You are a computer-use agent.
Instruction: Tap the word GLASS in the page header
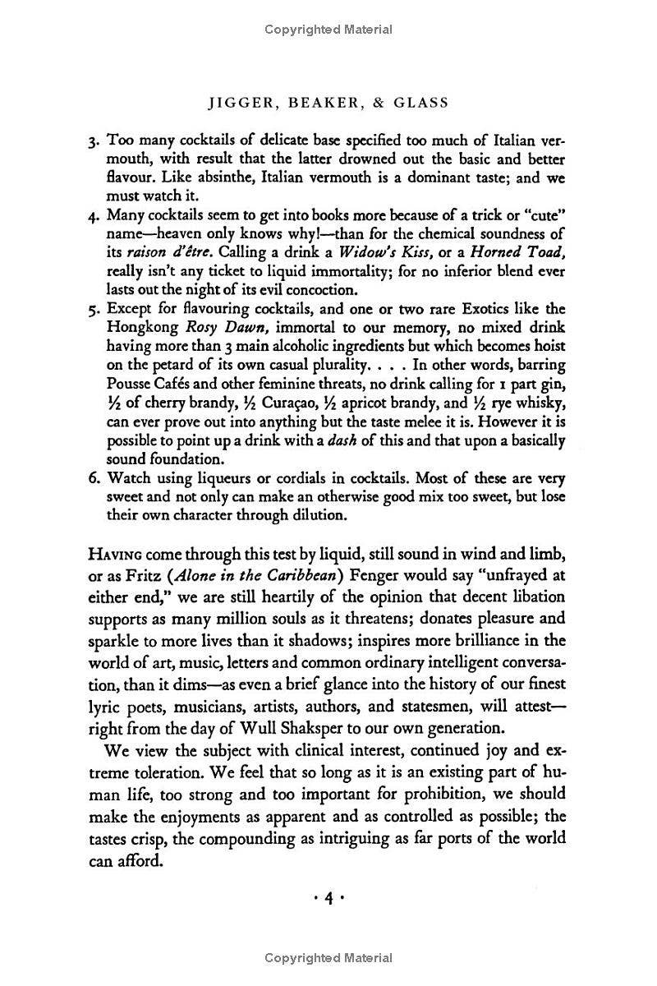point(417,103)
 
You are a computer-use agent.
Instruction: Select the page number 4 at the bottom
point(328,899)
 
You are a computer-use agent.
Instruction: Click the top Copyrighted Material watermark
point(328,30)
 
